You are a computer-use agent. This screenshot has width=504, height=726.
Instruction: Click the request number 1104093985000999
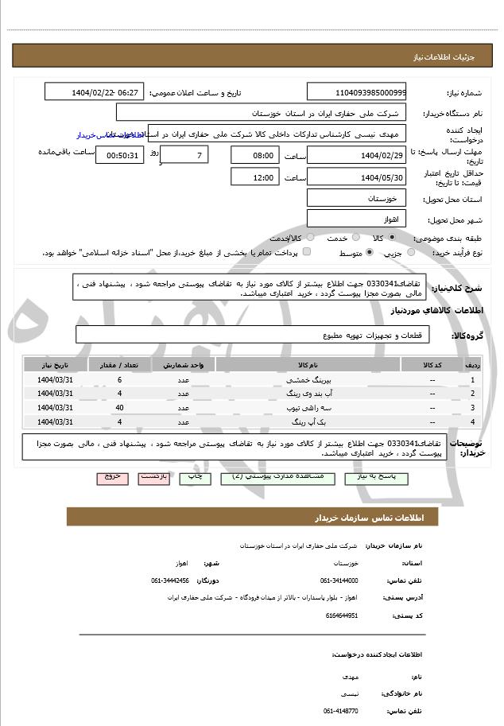356,92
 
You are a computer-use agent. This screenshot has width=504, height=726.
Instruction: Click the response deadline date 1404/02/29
356,154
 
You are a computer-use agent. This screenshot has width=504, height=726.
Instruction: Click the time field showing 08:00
254,154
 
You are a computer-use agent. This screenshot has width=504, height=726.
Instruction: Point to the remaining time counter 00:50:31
119,154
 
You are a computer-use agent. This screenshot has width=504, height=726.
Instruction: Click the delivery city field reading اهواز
356,218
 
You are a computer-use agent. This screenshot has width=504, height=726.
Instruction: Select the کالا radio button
414,238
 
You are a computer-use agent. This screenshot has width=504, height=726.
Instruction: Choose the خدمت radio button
365,238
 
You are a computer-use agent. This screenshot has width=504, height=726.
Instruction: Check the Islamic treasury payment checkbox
307,252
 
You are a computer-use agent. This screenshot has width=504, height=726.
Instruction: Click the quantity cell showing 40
119,407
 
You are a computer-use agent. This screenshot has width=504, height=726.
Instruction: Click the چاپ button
193,477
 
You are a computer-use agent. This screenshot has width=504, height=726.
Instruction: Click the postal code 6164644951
342,615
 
